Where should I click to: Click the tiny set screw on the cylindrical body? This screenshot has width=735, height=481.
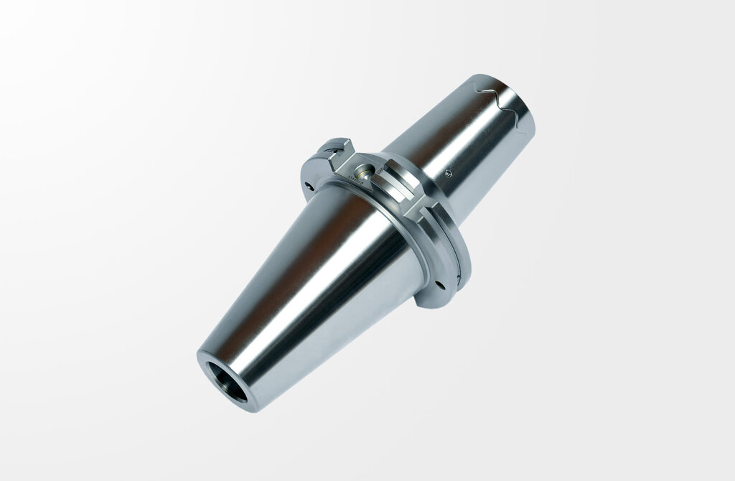(x=449, y=172)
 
